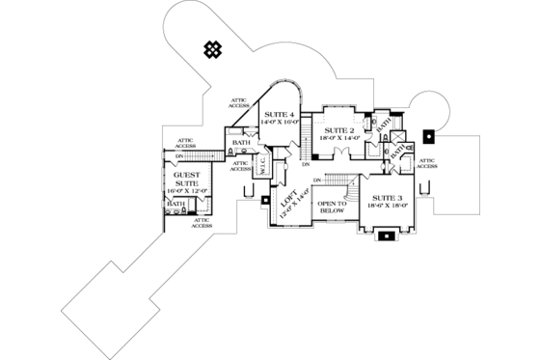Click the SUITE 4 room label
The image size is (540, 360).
(x=279, y=115)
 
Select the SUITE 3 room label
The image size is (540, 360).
(x=385, y=197)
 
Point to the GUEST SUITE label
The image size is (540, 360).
(x=184, y=176)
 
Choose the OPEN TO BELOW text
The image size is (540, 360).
(x=333, y=208)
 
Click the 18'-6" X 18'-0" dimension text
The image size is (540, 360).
(x=385, y=206)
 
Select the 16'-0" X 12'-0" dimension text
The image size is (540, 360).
(x=184, y=192)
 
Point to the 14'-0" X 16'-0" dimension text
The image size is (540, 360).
(x=279, y=124)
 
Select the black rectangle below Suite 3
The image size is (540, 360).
(x=387, y=235)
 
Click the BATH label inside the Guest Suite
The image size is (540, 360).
(x=176, y=205)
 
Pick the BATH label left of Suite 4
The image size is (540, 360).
(x=241, y=143)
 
